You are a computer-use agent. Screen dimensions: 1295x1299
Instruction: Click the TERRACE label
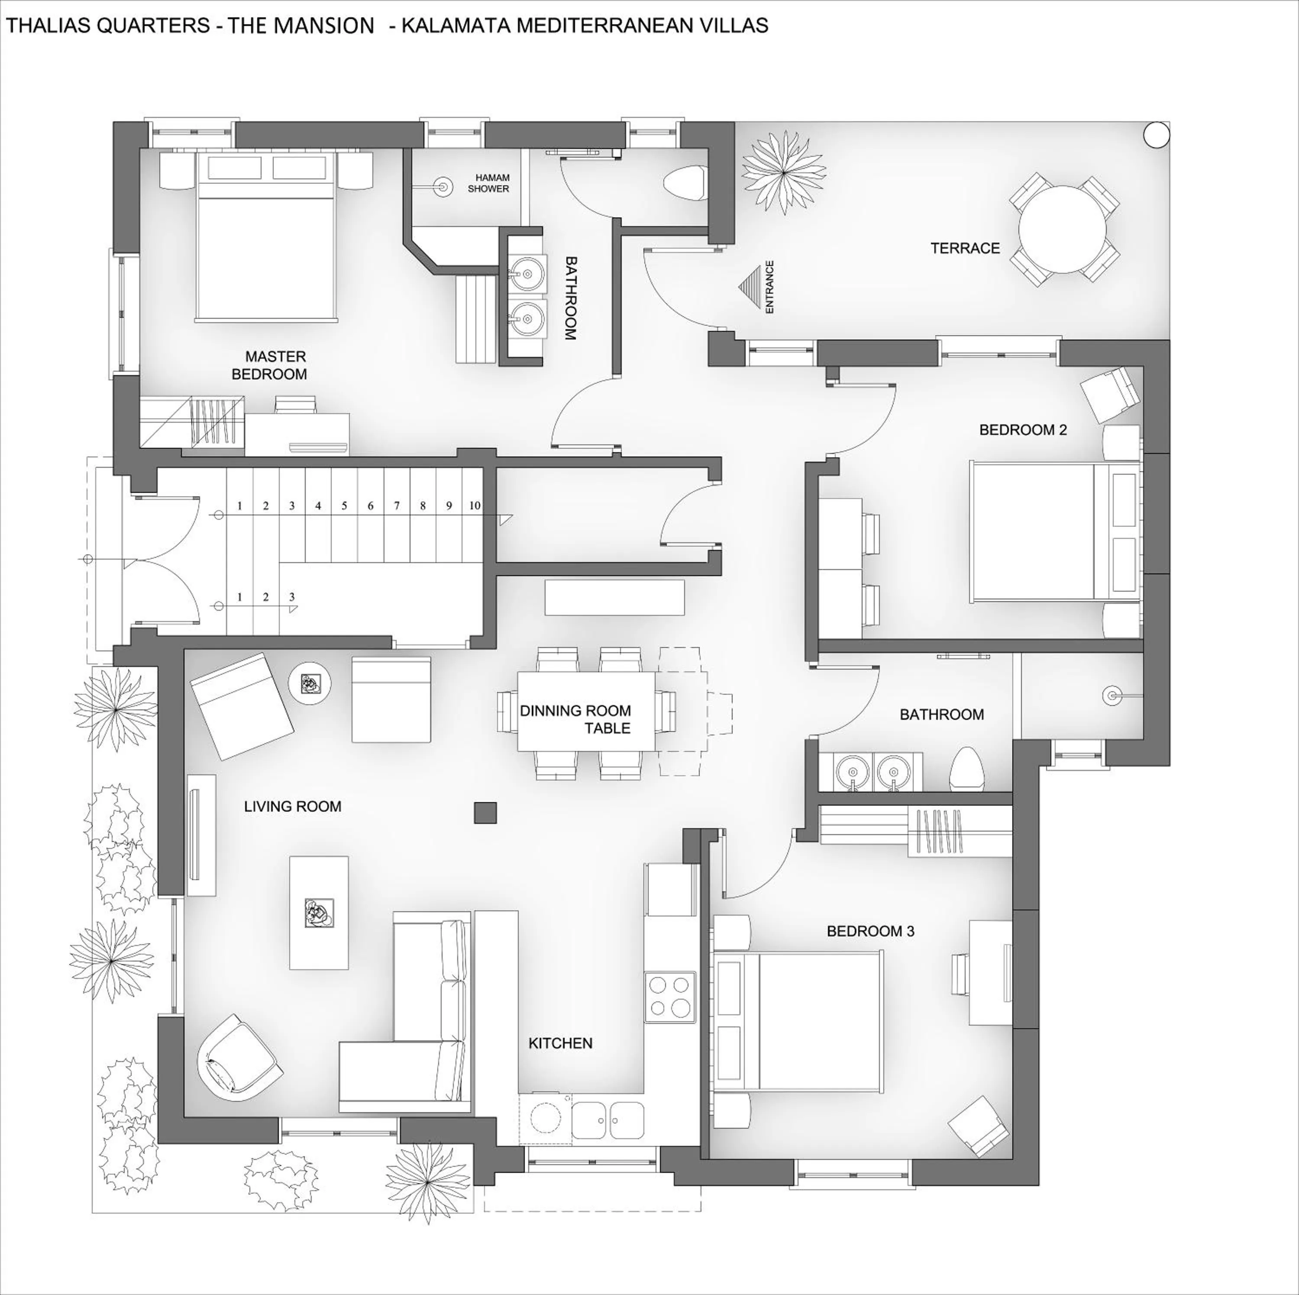tap(965, 248)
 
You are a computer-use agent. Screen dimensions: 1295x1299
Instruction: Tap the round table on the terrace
tap(1062, 229)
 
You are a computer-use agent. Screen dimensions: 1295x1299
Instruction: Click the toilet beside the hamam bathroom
tap(683, 183)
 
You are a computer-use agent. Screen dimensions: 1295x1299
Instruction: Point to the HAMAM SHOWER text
tap(489, 183)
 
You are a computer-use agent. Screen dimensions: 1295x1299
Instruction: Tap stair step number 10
tap(475, 505)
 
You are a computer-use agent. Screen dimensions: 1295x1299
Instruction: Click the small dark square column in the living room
tap(485, 813)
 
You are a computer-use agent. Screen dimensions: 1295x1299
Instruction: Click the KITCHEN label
tap(560, 1043)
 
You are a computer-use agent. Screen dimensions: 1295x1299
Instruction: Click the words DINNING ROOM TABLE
tap(577, 719)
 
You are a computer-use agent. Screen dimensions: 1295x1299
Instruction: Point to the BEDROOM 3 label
tap(870, 931)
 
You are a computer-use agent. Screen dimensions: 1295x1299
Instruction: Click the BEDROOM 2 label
tap(1023, 430)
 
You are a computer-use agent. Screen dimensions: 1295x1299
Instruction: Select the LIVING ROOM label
tap(292, 806)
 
